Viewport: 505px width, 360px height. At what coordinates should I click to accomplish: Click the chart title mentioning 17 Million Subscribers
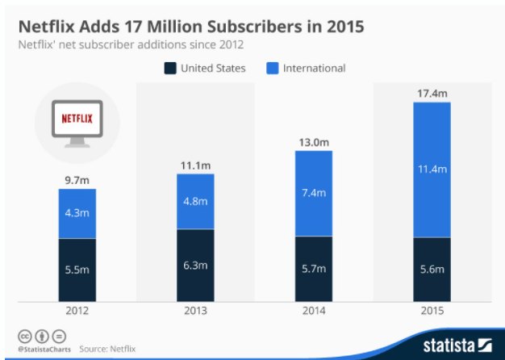[190, 26]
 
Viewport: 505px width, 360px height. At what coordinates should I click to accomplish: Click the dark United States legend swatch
[170, 69]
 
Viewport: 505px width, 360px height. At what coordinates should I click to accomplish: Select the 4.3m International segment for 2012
[77, 215]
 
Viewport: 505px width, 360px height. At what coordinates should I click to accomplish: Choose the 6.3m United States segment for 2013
[196, 266]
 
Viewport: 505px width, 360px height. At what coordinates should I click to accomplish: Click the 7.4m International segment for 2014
[315, 194]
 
